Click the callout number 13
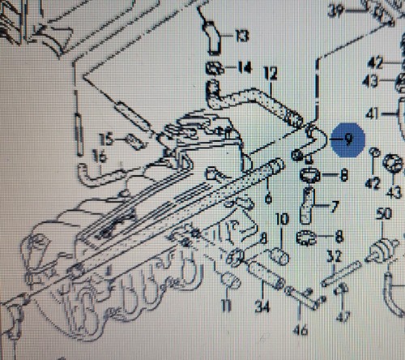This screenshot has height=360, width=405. [x=242, y=36]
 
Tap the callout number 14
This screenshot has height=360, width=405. [x=245, y=67]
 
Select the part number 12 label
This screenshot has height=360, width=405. [x=271, y=74]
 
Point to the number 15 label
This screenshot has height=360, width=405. [x=106, y=139]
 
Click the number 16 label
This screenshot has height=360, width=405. [x=99, y=156]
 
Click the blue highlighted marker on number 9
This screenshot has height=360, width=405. [x=348, y=139]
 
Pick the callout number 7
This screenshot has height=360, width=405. [x=335, y=207]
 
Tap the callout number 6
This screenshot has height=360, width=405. [x=268, y=199]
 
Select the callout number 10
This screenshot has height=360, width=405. [x=282, y=219]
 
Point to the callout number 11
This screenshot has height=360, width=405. [x=226, y=305]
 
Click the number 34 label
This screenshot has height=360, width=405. [x=262, y=306]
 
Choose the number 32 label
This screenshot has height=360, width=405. [x=334, y=256]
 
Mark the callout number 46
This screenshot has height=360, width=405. [x=300, y=330]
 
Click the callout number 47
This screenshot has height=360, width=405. [x=343, y=317]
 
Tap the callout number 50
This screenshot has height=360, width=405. [x=384, y=214]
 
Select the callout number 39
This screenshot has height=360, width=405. [x=335, y=11]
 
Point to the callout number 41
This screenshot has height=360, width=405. [x=372, y=114]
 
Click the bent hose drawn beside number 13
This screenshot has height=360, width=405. [x=212, y=38]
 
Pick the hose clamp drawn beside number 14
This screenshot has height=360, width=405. [x=215, y=68]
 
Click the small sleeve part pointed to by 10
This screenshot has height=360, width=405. [x=280, y=256]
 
